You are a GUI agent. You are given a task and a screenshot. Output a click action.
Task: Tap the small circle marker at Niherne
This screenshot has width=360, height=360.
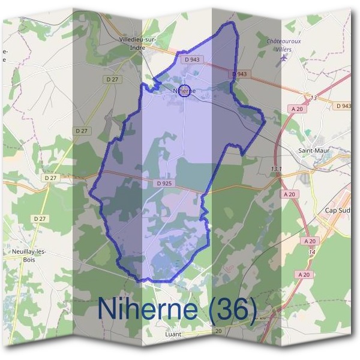pos(185,91)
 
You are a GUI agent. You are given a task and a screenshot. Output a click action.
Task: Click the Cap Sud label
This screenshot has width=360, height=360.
pos(337,211)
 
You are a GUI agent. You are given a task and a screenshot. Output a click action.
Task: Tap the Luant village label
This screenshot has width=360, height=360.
pos(172,334)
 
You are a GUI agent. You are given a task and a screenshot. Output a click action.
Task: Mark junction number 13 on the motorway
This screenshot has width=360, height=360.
pos(313,97)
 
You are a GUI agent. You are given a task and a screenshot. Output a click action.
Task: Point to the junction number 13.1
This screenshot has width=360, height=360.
pos(277,169)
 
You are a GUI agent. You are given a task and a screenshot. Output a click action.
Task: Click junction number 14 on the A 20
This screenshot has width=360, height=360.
pos(311,253)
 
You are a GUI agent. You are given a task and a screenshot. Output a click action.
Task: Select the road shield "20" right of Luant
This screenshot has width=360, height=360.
pos(218,331)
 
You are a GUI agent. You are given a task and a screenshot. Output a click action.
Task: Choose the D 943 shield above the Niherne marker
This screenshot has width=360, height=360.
pos(193,59)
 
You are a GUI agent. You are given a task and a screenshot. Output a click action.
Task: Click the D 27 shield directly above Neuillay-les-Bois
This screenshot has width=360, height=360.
pos(40,218)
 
